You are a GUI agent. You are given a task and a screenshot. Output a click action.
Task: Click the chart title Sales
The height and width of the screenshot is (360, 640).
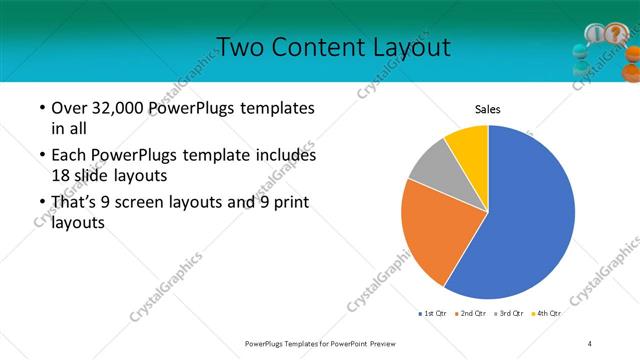point(487,110)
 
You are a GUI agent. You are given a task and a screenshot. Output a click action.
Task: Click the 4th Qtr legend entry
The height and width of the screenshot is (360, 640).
point(547,314)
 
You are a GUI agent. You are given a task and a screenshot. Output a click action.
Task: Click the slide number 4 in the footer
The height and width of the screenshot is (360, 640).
point(590,343)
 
